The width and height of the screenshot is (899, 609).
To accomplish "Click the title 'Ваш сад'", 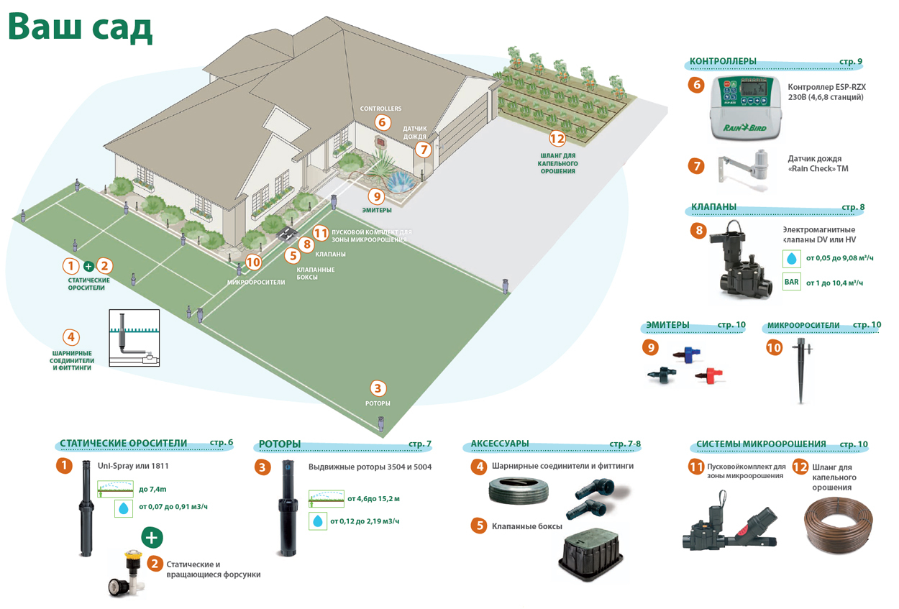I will (x=80, y=27).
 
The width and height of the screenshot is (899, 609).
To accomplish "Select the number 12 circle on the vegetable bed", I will (x=557, y=139).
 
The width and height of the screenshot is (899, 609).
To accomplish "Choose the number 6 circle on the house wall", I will (x=382, y=123).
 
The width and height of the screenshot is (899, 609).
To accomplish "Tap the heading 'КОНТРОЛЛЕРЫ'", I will (x=723, y=61).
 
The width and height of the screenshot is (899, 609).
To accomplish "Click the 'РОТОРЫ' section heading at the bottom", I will (x=280, y=444).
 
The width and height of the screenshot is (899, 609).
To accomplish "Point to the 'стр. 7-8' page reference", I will (x=624, y=444).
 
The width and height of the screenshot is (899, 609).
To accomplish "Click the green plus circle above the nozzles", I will (x=152, y=536).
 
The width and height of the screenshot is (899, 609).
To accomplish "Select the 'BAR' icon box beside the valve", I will (x=791, y=282).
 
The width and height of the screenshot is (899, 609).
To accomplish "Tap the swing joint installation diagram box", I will (x=134, y=338).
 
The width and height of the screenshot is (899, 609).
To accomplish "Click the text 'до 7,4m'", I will (x=152, y=489).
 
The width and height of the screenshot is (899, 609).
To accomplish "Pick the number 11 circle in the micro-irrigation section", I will (x=695, y=467).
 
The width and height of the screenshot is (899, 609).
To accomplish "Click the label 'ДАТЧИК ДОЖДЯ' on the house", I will (x=414, y=132).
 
